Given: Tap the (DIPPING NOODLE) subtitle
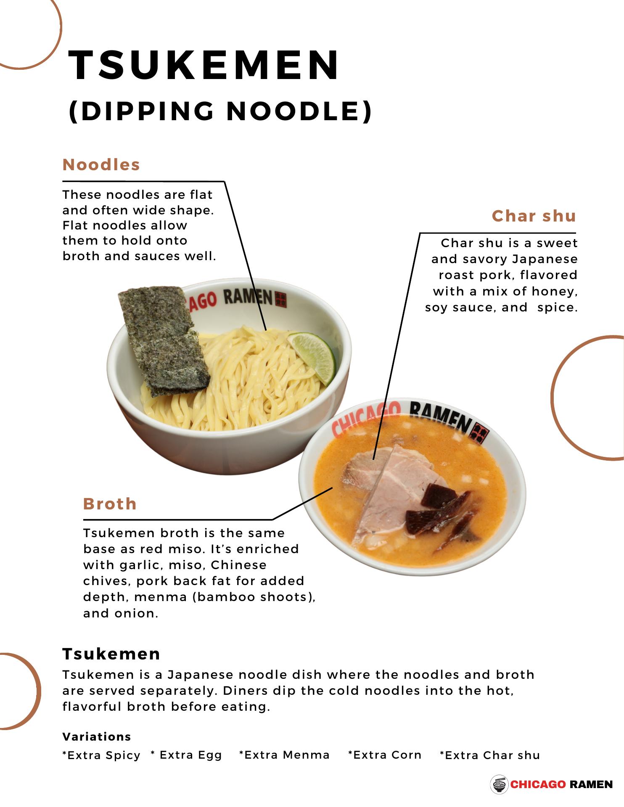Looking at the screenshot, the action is (x=220, y=111).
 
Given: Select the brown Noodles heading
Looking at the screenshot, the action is (x=101, y=165).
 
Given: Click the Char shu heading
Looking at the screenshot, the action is (x=534, y=216).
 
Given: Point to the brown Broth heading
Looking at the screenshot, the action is (x=110, y=504).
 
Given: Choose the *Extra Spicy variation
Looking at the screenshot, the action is (x=101, y=755).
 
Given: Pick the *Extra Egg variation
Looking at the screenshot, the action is (x=186, y=755).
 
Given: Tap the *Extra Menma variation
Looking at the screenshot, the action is (x=284, y=755).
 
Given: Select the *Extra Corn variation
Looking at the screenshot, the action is (x=385, y=755).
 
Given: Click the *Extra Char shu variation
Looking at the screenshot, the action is (x=490, y=755).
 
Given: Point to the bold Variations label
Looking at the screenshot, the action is (x=97, y=736).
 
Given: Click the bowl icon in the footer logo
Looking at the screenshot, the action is (x=499, y=784).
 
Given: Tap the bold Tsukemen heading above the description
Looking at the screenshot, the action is (x=111, y=654).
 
